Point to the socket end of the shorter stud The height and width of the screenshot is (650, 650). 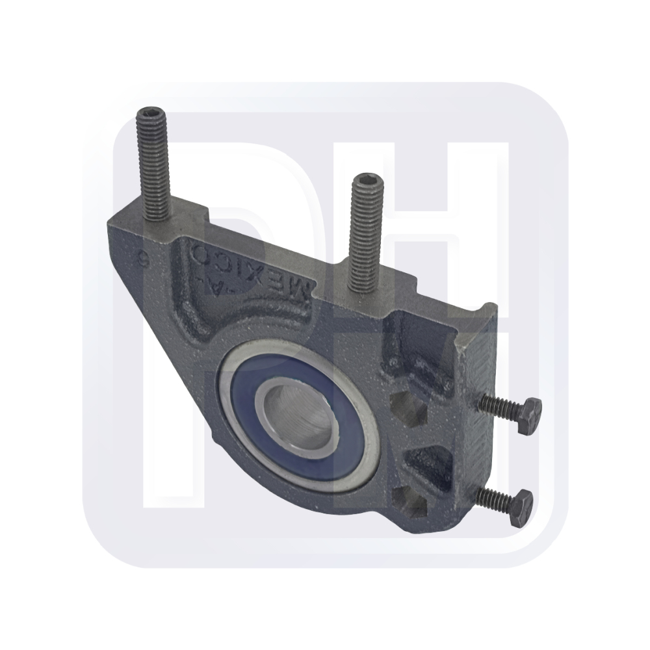pyautogui.click(x=367, y=184)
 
